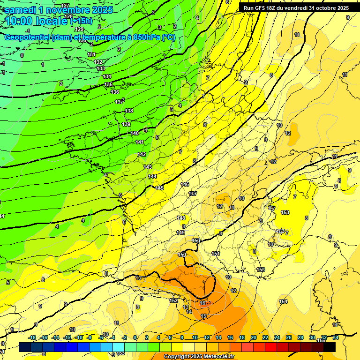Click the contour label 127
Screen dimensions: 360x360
click(x=65, y=6)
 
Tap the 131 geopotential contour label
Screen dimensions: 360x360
click(x=91, y=55)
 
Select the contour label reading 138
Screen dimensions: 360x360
click(x=129, y=111)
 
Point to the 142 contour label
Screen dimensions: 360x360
click(x=142, y=154)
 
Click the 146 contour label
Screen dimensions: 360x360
click(x=185, y=184)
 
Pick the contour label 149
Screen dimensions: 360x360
click(x=180, y=232)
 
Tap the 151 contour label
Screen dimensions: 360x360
click(x=216, y=254)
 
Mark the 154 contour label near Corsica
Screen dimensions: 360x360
click(x=283, y=301)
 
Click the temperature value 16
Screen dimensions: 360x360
click(x=202, y=303)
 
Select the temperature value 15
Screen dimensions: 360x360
click(x=204, y=316)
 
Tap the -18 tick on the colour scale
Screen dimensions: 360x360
click(x=31, y=337)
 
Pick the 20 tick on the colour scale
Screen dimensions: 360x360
click(x=254, y=337)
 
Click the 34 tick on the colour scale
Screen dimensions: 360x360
click(x=336, y=337)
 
